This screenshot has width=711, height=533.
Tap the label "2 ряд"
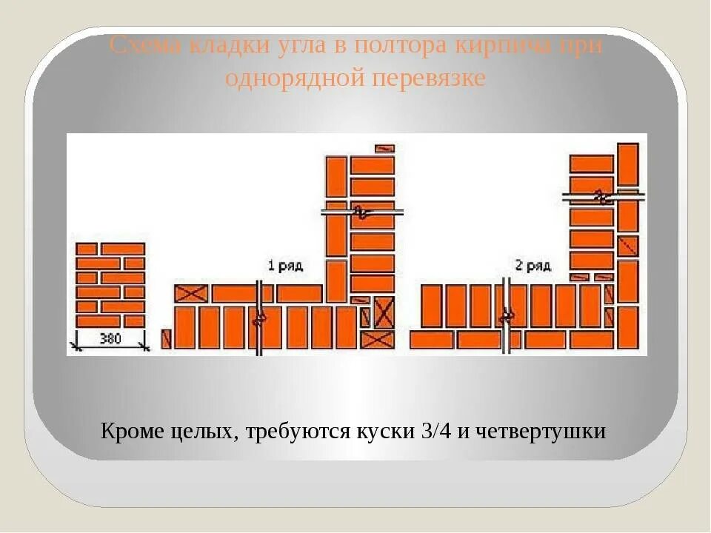532,265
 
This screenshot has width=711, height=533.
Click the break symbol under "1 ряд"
260,319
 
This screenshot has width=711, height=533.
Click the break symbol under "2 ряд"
507,316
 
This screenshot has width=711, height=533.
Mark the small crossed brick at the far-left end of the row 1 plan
166,339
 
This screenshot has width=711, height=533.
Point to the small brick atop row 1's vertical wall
384,148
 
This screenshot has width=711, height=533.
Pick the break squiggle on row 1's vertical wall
362,212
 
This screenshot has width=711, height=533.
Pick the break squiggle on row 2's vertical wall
601,198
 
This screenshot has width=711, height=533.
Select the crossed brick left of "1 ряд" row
190,294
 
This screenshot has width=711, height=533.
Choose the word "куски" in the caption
390,431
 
